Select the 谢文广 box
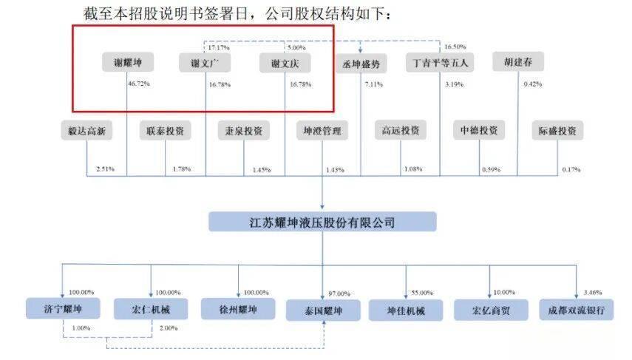[206, 63]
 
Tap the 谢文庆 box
[285, 63]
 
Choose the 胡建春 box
[518, 62]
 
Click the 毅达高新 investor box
[87, 132]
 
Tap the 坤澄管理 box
[323, 132]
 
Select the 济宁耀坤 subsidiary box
[61, 310]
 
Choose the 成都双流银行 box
[576, 310]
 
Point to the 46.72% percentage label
[139, 84]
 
